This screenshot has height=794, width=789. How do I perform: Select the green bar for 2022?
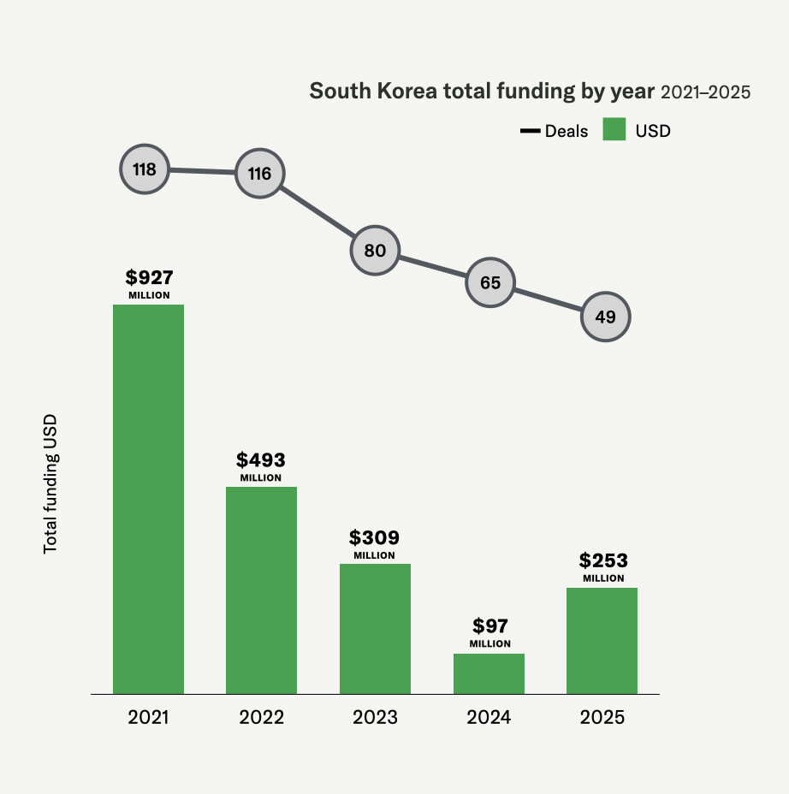coord(261,590)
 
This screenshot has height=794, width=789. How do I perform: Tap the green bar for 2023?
coord(375,629)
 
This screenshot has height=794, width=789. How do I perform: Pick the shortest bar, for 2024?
coord(489,673)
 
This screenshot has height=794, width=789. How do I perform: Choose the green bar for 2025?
coord(602,641)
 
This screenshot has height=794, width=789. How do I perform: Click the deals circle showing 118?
coord(145,169)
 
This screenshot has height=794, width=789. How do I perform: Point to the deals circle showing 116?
coord(259,174)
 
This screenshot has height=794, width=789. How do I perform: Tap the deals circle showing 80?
coord(375,251)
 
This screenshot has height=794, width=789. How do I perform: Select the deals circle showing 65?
coord(490,282)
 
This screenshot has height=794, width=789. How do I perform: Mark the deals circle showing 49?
coord(605,317)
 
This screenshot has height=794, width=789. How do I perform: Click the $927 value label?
coord(149,277)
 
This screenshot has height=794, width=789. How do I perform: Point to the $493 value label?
coord(261,459)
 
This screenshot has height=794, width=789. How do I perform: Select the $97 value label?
coord(489,625)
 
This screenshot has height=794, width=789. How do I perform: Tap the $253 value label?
coord(603,561)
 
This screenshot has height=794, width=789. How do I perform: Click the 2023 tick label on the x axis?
coord(375,717)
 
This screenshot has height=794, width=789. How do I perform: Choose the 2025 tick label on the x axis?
coord(602,717)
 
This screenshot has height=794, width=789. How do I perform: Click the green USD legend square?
coord(616,131)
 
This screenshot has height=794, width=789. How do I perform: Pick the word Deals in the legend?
coord(567,131)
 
